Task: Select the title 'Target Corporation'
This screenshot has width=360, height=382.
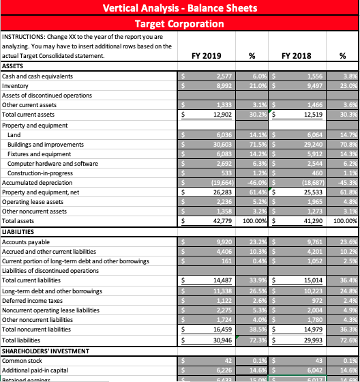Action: (179, 24)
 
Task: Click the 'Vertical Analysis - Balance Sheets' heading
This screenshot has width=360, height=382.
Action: (179, 8)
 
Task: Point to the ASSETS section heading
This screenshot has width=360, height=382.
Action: (14, 67)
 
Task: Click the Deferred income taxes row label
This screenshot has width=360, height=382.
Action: (32, 300)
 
